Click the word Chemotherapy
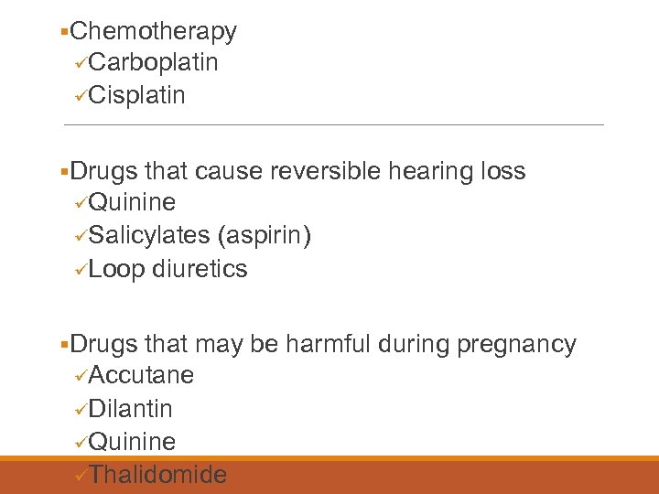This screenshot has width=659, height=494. click(x=153, y=31)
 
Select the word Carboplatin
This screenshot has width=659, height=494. click(x=154, y=63)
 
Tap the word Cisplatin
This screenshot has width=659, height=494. click(x=137, y=95)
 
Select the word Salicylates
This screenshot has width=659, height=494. click(x=150, y=236)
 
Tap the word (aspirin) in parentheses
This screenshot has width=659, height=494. click(x=265, y=236)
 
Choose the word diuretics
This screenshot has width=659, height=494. click(x=200, y=269)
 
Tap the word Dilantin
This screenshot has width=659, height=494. click(x=131, y=408)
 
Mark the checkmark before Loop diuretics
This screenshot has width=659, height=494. click(x=81, y=270)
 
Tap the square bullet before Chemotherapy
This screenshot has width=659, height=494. click(x=62, y=33)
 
